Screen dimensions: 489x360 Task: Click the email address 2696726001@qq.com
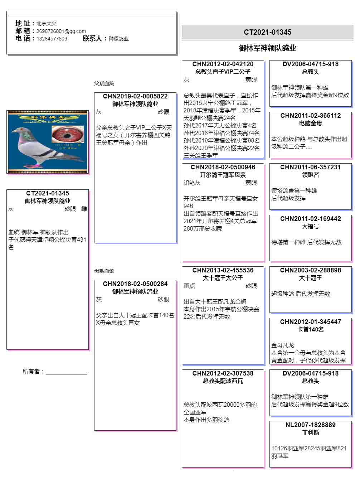point(61,31)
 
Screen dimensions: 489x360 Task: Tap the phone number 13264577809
point(52,39)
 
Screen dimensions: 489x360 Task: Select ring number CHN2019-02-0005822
point(135,96)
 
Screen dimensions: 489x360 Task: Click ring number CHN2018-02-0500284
point(135,284)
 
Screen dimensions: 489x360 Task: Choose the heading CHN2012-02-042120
point(223,64)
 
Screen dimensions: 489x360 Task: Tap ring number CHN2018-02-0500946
point(223,167)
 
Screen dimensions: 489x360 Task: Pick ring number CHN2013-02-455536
point(223,270)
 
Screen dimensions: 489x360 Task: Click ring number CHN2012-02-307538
point(223,373)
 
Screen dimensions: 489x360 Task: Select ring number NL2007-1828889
point(310,425)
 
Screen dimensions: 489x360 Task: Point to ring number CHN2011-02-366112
point(310,116)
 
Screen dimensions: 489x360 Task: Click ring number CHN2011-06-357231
point(310,167)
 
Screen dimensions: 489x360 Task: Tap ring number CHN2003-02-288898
point(310,270)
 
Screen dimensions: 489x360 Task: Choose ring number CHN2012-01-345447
point(310,322)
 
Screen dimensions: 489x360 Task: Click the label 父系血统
point(104,83)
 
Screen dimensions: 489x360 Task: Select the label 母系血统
point(104,271)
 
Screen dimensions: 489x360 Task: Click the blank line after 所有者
point(66,372)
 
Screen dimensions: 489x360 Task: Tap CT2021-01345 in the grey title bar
point(267,32)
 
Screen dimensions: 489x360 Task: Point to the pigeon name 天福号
point(310,226)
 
